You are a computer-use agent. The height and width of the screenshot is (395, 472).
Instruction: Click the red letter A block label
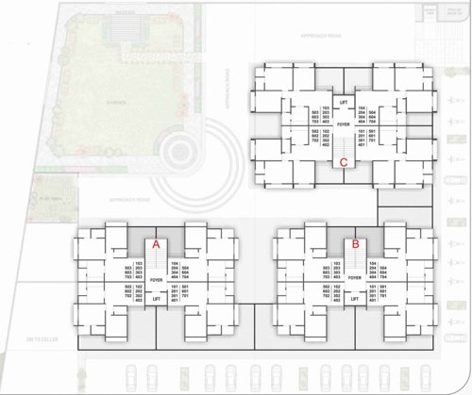click(x=158, y=243)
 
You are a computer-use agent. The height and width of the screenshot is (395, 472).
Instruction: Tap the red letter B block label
click(x=355, y=243)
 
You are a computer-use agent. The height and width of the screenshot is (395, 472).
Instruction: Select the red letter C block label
click(x=344, y=161)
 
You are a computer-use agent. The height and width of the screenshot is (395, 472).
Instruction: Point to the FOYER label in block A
click(x=158, y=280)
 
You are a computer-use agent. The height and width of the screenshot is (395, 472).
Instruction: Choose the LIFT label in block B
click(x=355, y=299)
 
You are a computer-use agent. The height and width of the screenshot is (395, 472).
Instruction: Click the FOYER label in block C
click(x=344, y=123)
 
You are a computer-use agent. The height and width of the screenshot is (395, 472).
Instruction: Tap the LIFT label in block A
click(x=158, y=300)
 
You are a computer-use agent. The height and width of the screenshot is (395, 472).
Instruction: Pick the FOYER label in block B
click(x=355, y=280)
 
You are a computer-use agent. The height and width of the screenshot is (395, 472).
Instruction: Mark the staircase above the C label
click(x=344, y=143)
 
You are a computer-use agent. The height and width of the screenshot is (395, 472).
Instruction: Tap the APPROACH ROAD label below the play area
click(x=111, y=201)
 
